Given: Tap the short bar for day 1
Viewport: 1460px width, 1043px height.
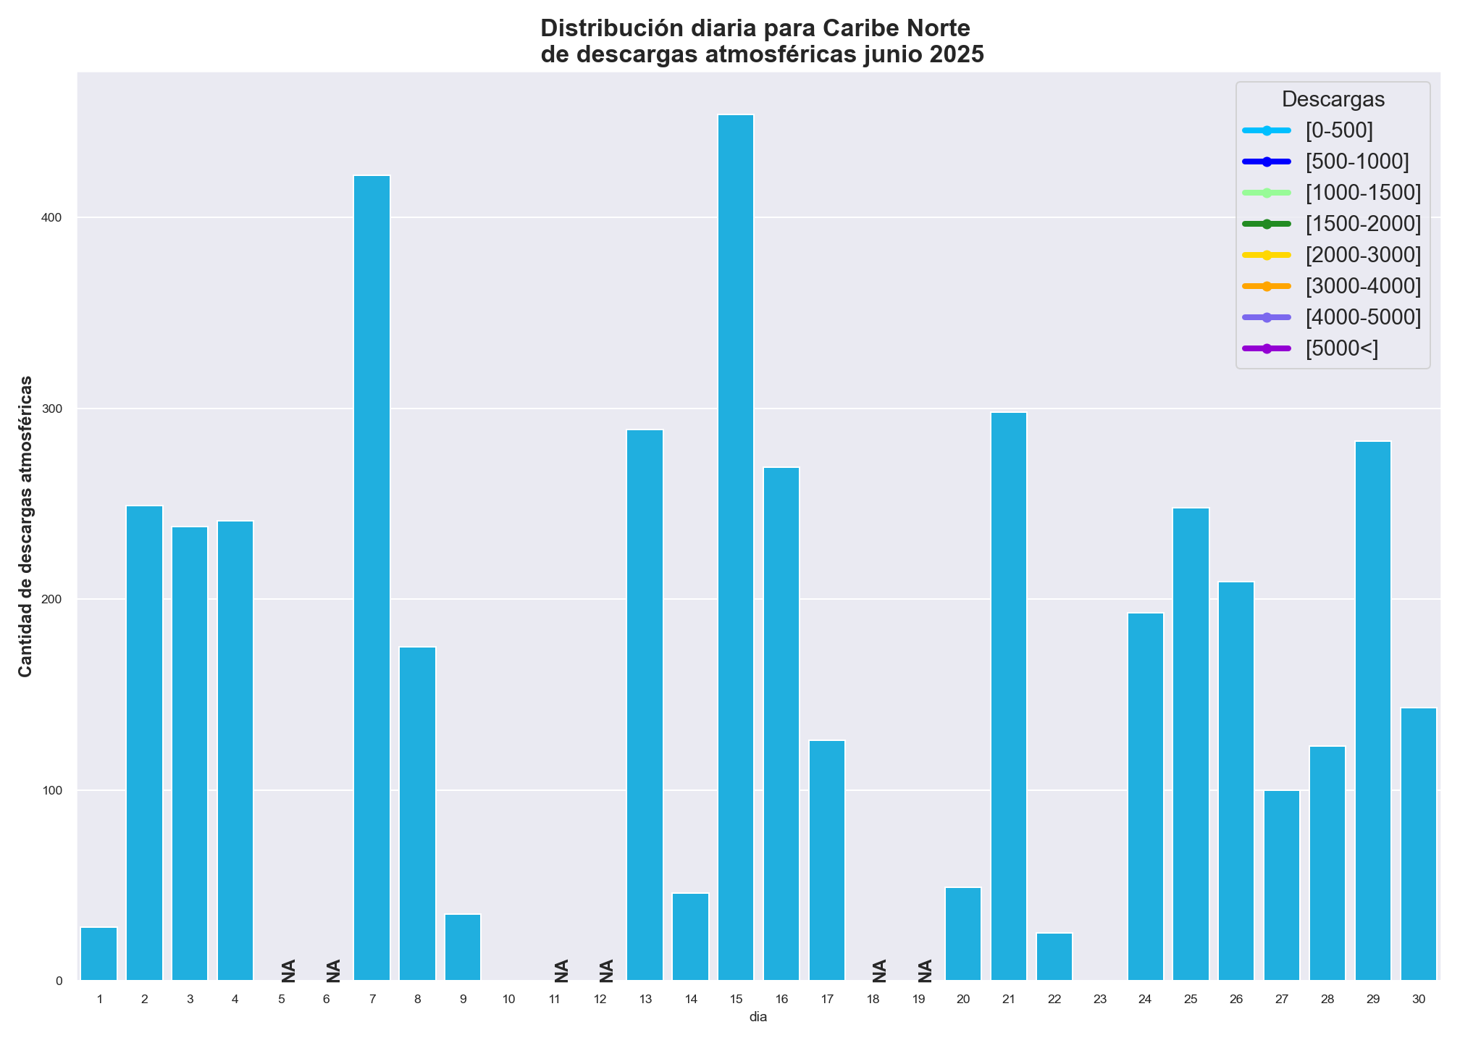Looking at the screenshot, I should click(99, 954).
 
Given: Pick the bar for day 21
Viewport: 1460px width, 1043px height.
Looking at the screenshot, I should click(1009, 696).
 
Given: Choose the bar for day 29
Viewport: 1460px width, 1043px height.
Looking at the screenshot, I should click(1372, 711).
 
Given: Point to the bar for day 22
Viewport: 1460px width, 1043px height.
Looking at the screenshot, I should click(1054, 957).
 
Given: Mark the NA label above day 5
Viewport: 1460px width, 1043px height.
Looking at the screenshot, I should click(289, 971).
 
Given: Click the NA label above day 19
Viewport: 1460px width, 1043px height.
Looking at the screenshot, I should click(926, 971).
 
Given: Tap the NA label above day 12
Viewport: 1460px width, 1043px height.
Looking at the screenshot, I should click(607, 971).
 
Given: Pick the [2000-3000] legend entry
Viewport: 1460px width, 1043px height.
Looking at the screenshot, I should click(1362, 255).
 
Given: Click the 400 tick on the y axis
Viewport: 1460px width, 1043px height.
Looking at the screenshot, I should click(55, 218).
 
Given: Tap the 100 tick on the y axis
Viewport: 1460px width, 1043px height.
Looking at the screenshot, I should click(55, 790).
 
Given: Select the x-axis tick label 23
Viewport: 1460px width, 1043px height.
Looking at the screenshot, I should click(1099, 1000).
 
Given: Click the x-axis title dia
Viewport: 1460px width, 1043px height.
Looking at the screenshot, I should click(758, 1017).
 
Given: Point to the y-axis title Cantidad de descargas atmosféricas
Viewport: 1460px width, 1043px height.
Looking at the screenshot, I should click(26, 527).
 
